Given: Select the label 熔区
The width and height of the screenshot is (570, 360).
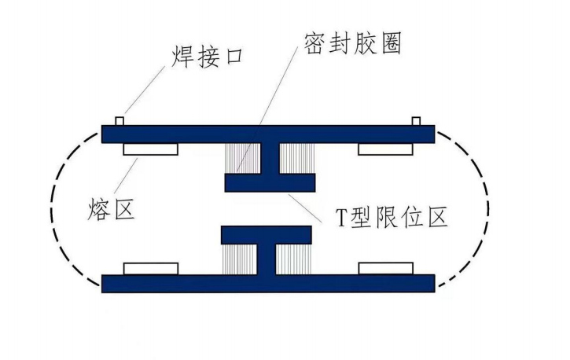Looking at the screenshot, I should point(109,209).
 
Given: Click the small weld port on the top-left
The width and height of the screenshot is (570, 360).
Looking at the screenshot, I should point(120,121).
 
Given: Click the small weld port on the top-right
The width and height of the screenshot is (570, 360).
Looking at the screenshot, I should point(416,121).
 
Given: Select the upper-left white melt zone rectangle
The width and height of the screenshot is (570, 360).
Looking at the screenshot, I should point(150,149).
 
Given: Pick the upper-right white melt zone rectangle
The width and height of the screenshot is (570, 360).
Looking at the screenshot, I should point(386,149).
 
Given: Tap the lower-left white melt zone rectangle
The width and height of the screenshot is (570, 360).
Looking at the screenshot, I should point(150,268).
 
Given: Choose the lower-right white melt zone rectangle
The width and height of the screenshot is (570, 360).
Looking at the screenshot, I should point(386,268).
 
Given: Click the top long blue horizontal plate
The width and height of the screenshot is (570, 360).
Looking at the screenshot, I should point(197,134).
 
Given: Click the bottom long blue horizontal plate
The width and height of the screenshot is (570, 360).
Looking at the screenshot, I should point(197,283).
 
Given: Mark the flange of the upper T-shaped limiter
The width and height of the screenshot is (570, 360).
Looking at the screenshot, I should point(270,182).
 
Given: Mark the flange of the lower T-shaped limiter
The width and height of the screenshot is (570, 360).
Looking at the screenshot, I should point(266,235).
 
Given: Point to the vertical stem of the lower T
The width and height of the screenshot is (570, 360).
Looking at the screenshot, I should point(267,259).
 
